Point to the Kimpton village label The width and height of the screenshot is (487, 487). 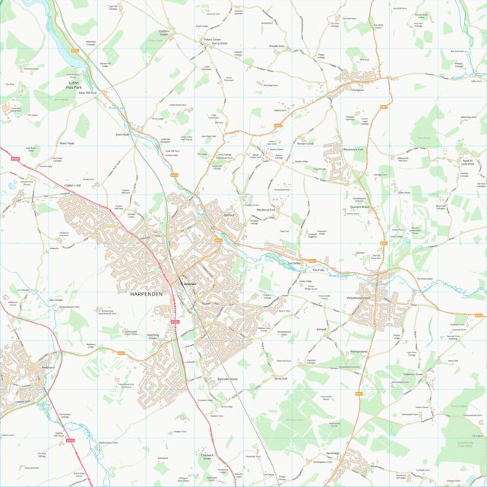(359, 90)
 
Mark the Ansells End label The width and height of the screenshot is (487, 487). (277, 46)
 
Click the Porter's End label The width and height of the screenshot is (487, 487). (305, 143)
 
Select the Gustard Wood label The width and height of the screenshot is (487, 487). (359, 207)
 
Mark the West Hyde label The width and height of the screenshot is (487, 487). (67, 143)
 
